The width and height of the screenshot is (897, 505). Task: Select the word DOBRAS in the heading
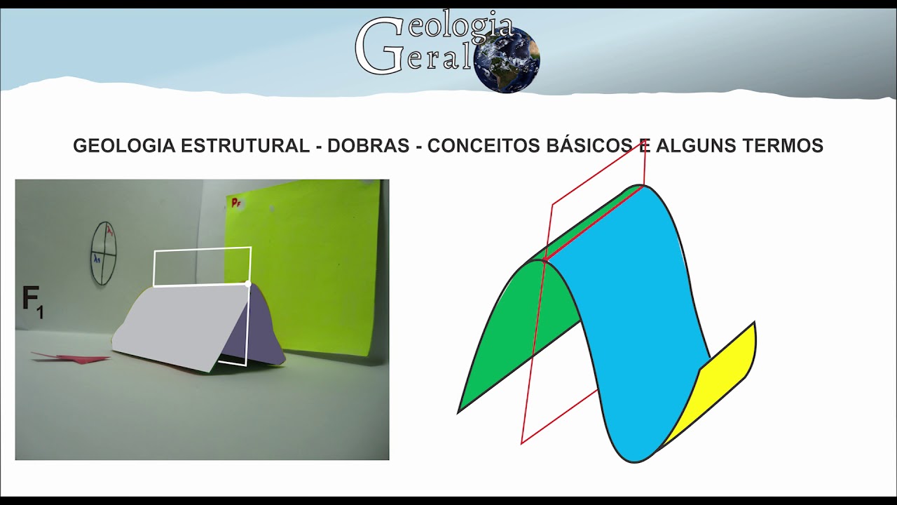[x=368, y=146]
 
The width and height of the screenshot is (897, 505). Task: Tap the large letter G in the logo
[x=379, y=46]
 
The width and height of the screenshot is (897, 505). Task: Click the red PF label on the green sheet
[x=236, y=203]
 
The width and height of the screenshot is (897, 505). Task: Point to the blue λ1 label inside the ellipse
[x=97, y=259]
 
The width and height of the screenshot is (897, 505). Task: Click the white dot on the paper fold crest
[x=248, y=283]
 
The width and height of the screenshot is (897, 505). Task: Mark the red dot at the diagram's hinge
[x=544, y=260]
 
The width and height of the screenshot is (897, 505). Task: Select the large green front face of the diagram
[x=512, y=330]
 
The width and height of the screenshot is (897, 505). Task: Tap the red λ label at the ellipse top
[x=109, y=230]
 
